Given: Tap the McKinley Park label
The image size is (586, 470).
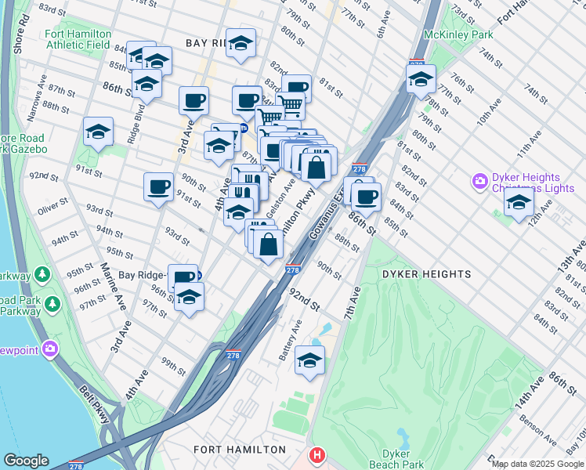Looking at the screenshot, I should (x=458, y=35).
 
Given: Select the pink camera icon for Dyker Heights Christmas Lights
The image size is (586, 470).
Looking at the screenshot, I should (x=479, y=181).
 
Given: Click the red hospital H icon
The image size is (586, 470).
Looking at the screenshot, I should (x=317, y=454).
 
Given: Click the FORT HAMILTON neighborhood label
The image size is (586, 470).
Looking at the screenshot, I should (x=240, y=450).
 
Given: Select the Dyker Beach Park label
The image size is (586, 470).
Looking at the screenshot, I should (x=401, y=459).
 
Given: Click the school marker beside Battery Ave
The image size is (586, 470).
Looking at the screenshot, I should (x=309, y=361).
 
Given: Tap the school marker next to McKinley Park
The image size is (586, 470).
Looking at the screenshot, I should (x=421, y=78).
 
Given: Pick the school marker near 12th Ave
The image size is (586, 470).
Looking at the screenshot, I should (x=519, y=203).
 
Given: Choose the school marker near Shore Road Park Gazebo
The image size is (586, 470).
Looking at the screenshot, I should (x=98, y=132).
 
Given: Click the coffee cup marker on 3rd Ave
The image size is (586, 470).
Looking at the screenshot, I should (x=194, y=100).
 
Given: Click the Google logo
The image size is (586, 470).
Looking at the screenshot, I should (x=26, y=461).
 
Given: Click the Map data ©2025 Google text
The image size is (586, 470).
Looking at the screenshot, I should (x=537, y=464).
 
